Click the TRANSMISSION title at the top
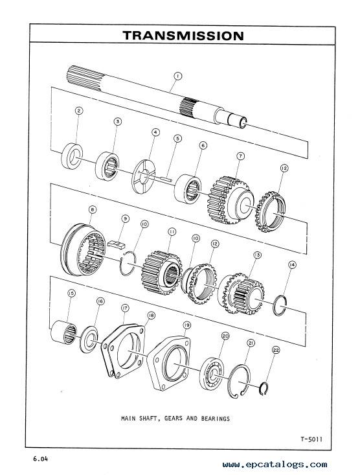point(183,36)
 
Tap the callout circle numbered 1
point(177,76)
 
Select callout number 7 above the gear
point(240,156)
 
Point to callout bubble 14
point(292,265)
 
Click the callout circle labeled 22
point(276,350)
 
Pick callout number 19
point(187,325)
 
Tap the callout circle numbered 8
point(93,209)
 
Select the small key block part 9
point(117,244)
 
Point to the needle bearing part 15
point(63,332)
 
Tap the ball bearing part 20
point(212,373)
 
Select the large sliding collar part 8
point(83,249)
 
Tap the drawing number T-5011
point(311,439)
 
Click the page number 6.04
point(41,459)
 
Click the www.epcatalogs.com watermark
point(275,465)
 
